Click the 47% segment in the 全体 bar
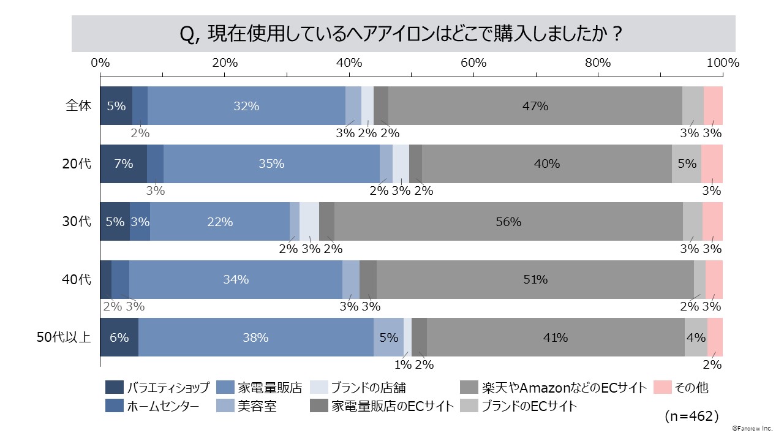pos(535,106)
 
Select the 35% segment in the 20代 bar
pos(271,164)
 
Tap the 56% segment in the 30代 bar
pos(508,222)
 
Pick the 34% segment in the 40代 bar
pos(236,279)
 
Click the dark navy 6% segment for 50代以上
pos(119,337)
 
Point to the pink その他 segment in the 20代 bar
pos(712,164)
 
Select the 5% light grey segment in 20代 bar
pos(687,164)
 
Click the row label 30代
pos(78,222)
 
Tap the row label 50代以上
pos(64,337)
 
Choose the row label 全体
pos(78,106)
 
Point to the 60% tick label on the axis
pos(473,63)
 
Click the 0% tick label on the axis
pos(100,63)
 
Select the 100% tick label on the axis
pos(723,63)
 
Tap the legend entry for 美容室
pos(257,406)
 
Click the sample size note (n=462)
pos(692,417)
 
